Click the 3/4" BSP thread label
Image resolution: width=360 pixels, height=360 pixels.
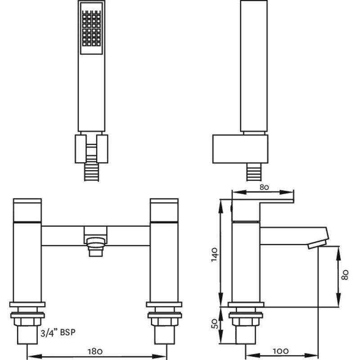point(58,333)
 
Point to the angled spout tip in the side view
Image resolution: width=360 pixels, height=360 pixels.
point(317,243)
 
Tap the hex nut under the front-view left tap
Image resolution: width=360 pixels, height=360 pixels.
point(28,323)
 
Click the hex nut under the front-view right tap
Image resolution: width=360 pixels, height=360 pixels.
point(165,323)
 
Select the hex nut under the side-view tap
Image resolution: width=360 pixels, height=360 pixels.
point(246,323)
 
